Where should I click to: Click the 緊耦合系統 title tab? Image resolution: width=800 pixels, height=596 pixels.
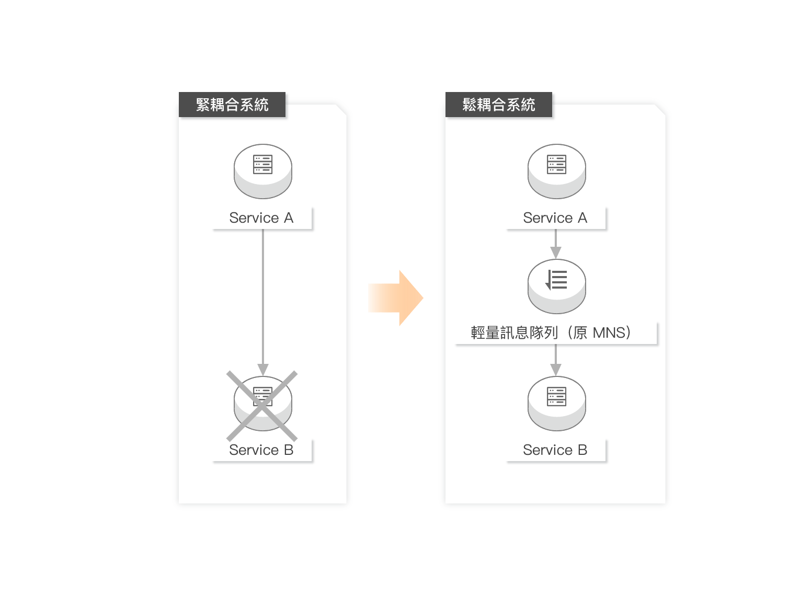click(x=232, y=105)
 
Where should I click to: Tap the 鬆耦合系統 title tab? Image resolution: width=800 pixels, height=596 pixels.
click(x=498, y=105)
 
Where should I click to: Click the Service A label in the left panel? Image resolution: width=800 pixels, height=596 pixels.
click(x=261, y=218)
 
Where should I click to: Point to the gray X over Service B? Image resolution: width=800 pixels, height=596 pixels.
click(x=262, y=406)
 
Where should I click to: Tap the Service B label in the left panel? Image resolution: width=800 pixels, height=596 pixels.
click(x=261, y=450)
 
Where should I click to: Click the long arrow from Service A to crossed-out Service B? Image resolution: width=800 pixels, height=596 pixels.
click(x=263, y=298)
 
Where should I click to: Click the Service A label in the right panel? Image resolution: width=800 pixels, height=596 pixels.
click(x=555, y=218)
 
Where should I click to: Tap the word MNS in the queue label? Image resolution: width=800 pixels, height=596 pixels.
click(x=609, y=333)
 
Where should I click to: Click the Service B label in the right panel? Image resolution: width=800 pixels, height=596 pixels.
click(x=555, y=450)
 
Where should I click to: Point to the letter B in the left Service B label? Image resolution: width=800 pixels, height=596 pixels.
click(x=288, y=450)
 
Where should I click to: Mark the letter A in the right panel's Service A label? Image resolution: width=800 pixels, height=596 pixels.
click(x=582, y=218)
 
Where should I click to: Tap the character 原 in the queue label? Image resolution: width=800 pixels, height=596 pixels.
click(x=580, y=333)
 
